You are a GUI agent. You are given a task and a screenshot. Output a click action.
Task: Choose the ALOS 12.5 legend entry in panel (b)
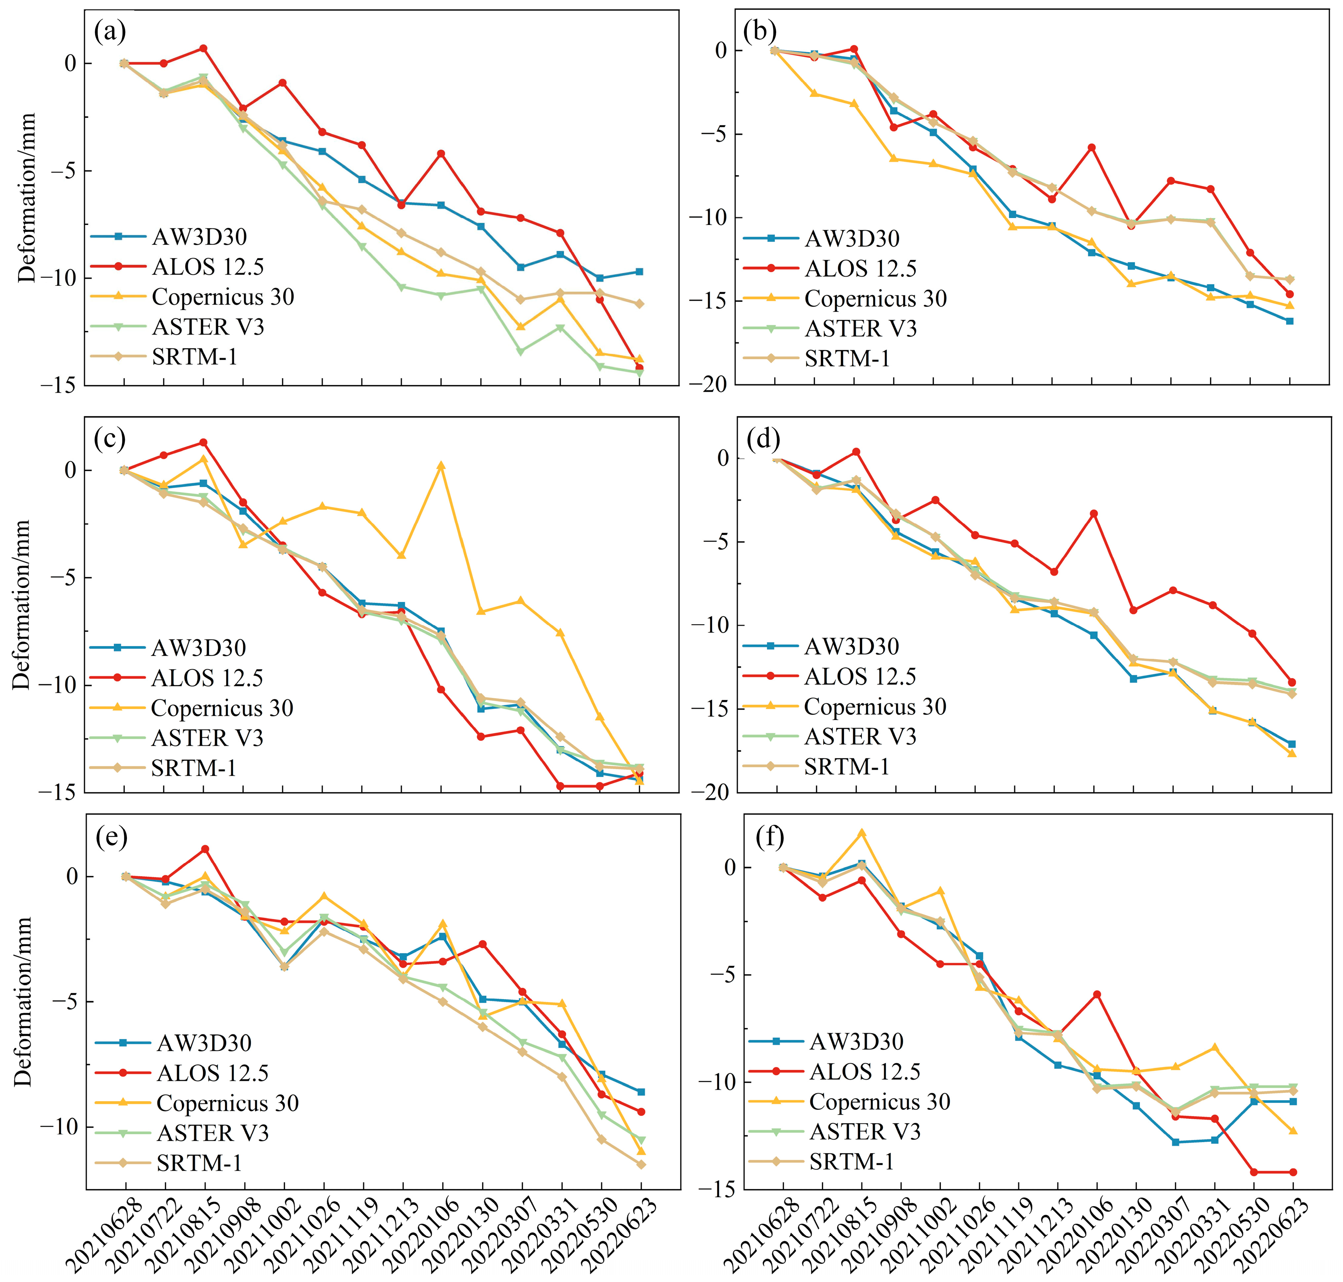pyautogui.click(x=860, y=269)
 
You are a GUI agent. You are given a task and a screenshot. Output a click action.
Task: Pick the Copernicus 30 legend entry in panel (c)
pyautogui.click(x=221, y=708)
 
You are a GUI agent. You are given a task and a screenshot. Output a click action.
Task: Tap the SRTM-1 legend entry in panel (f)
pyautogui.click(x=851, y=1162)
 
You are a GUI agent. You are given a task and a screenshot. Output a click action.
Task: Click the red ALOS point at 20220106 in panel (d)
pyautogui.click(x=1093, y=513)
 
